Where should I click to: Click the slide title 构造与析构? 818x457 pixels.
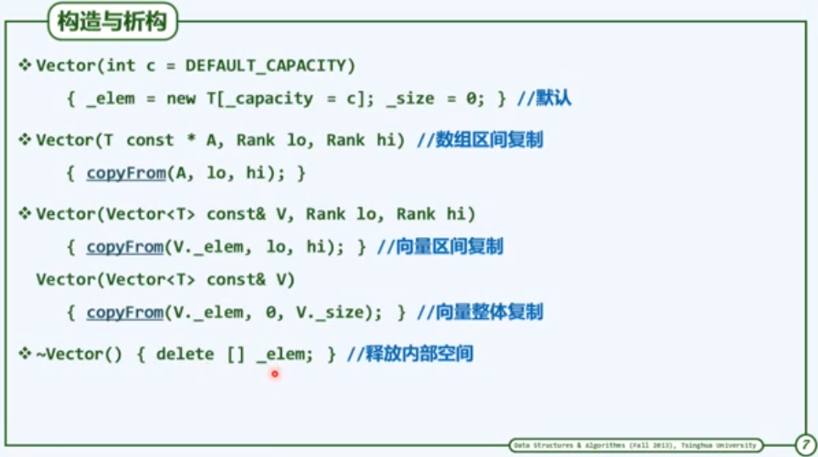point(113,23)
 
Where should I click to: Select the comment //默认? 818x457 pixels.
point(543,98)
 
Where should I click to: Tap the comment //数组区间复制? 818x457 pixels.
point(480,140)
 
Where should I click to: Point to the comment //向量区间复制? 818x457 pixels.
point(440,246)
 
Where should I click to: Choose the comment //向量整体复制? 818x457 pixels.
point(479,312)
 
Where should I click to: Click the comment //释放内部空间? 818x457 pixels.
point(409,354)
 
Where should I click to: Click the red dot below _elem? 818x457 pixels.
point(275,373)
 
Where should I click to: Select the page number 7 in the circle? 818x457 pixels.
point(804,444)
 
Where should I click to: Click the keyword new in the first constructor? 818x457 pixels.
point(181,98)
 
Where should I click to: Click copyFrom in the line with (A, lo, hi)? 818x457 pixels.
point(124,173)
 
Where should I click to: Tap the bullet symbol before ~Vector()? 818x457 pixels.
point(25,353)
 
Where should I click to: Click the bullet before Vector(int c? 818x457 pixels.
point(25,64)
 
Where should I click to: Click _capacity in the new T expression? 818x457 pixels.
point(266,98)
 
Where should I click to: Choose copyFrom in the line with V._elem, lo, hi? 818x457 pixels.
point(124,246)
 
